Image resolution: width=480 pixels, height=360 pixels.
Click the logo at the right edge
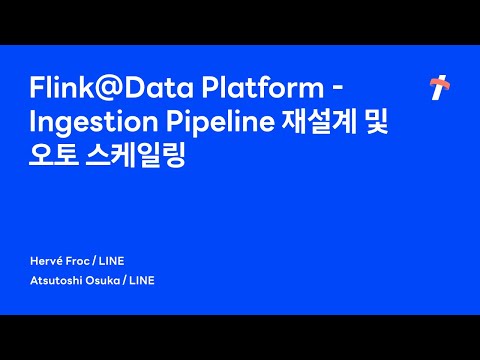pyautogui.click(x=437, y=88)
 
